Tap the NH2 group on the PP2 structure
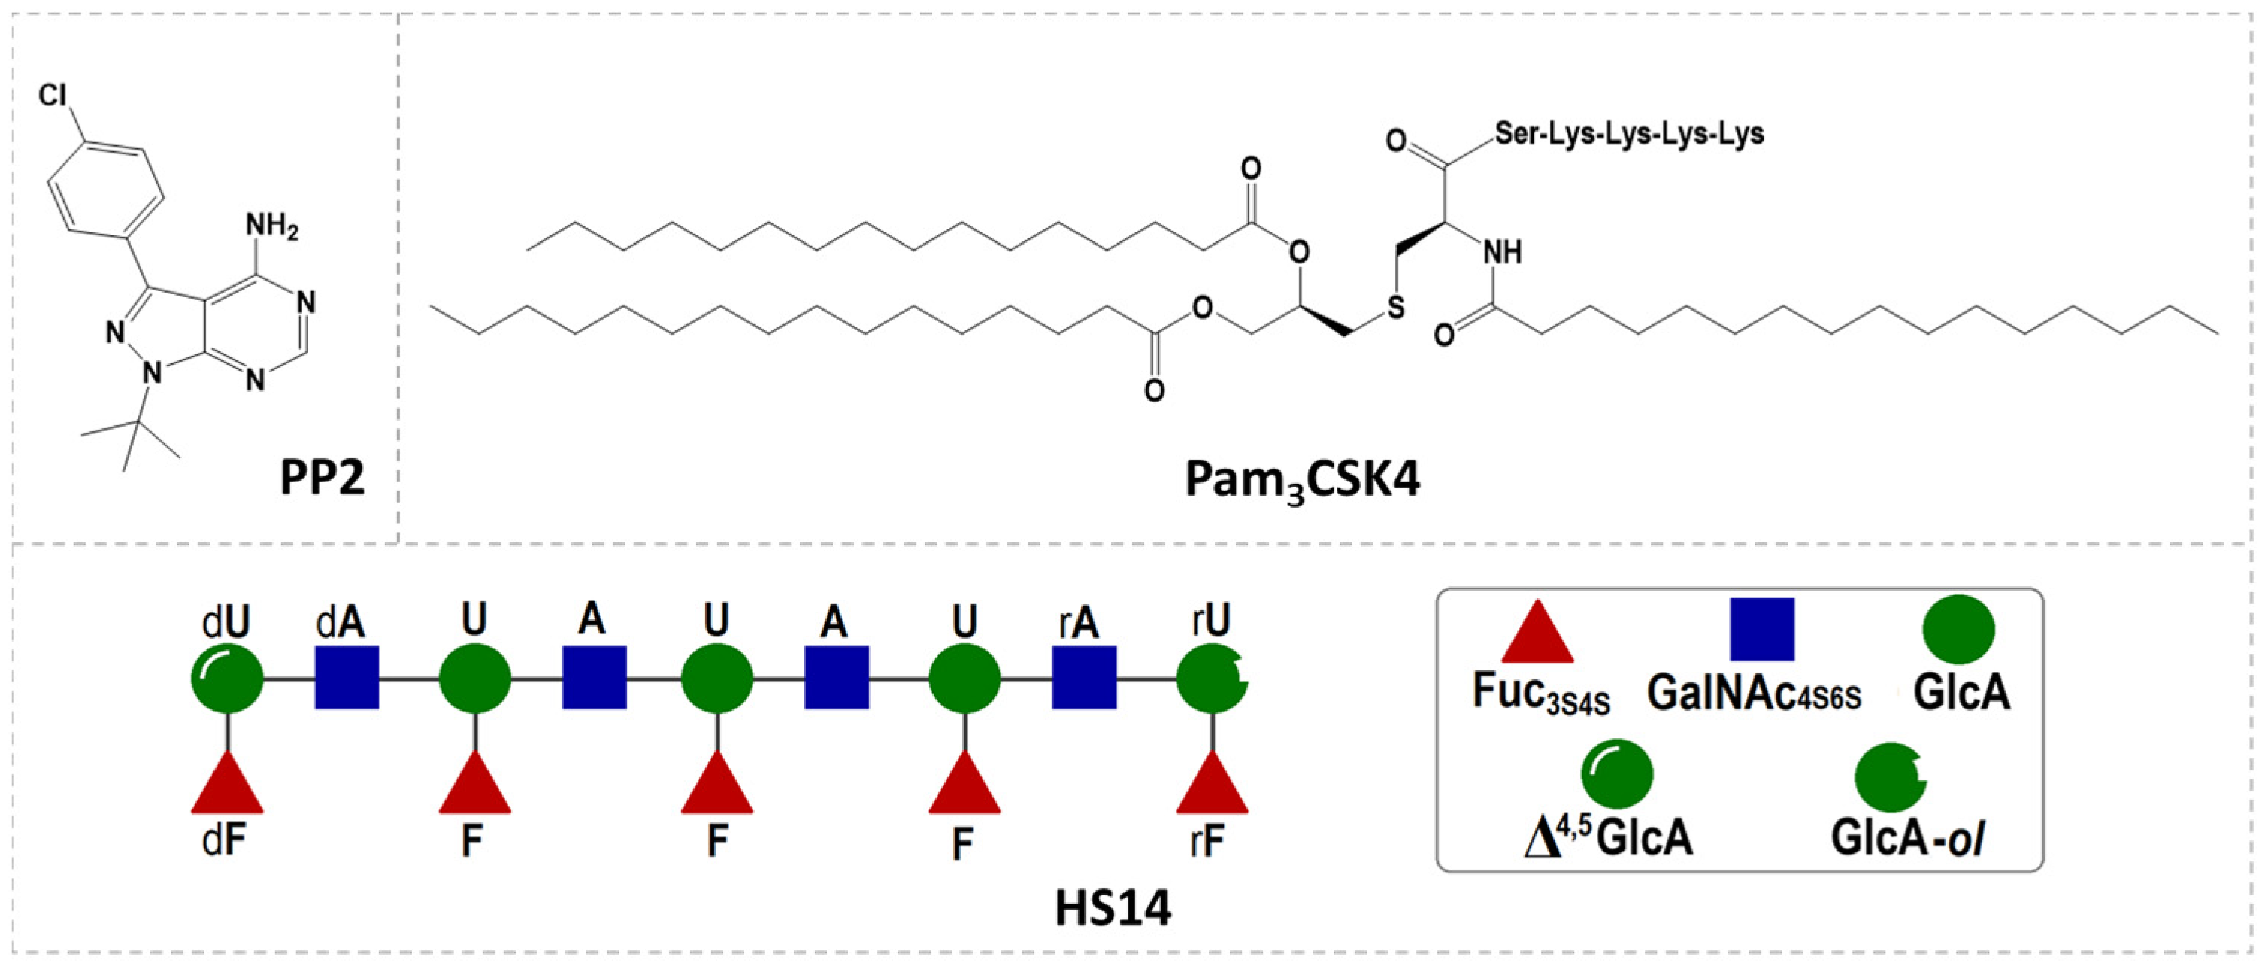coord(271,227)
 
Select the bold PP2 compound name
coord(322,479)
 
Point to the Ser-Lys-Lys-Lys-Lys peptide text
coord(1629,134)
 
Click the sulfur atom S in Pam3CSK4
coord(1396,307)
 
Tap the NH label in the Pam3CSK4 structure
coord(1503,253)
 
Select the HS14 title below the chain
coord(1113,909)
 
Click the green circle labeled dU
coord(227,678)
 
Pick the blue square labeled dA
coord(347,678)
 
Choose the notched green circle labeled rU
coord(1212,678)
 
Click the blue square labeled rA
coord(1084,678)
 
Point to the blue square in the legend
coord(1762,629)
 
